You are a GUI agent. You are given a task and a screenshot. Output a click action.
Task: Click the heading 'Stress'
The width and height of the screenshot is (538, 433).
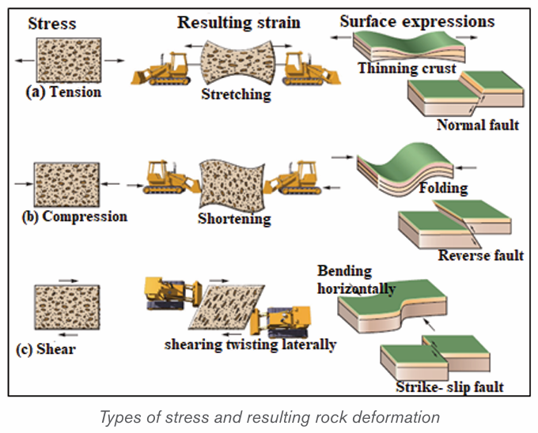52,24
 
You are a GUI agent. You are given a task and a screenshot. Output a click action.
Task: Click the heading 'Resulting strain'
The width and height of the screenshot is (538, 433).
239,23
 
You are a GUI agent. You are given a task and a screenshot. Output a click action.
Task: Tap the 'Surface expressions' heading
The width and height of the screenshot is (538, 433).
417,21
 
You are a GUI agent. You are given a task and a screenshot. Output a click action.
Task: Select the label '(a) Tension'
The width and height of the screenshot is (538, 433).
64,92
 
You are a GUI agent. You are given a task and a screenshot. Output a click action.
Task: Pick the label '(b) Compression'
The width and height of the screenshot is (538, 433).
74,216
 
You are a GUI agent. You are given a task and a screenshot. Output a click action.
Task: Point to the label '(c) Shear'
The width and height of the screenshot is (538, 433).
46,349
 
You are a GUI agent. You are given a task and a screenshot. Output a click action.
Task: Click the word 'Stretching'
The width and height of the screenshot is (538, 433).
236,94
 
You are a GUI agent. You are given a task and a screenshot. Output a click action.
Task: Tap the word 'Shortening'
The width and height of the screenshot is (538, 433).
234,219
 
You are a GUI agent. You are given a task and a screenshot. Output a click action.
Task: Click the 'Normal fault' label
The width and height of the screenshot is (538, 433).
478,125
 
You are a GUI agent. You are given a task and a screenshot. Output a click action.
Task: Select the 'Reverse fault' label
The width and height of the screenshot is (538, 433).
481,255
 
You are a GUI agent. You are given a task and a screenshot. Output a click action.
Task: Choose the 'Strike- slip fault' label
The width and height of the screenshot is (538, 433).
450,387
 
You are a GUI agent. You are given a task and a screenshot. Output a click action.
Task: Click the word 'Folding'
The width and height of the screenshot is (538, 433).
443,188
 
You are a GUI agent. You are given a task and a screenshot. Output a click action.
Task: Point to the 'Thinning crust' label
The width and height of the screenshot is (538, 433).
407,68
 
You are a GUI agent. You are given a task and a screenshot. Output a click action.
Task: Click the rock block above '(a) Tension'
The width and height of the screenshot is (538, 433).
69,60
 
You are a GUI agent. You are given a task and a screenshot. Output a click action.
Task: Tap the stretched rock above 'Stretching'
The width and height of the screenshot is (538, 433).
238,62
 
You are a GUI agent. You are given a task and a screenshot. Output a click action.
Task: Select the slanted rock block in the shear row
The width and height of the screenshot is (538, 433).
226,307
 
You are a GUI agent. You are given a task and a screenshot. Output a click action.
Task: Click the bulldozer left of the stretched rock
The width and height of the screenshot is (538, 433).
161,70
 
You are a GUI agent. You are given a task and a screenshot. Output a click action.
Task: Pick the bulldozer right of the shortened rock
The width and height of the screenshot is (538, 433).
293,178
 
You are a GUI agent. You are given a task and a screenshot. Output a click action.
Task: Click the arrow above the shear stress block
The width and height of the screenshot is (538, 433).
69,281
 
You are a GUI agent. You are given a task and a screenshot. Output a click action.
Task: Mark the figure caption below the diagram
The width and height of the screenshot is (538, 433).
270,417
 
